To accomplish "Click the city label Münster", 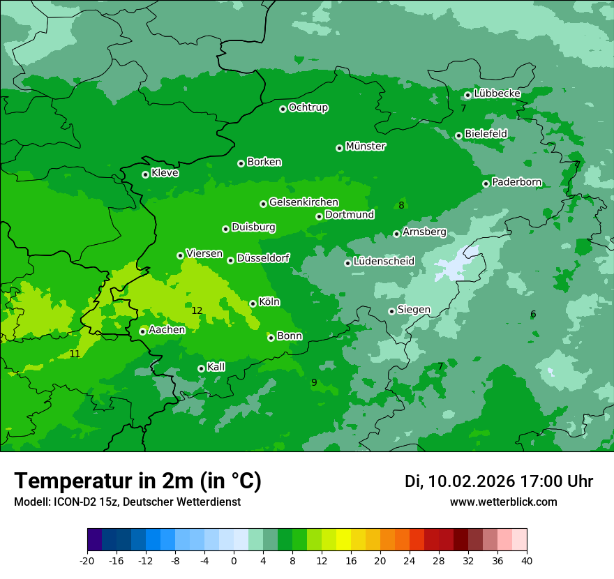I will coord(366,146).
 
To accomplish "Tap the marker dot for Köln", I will coord(253,303).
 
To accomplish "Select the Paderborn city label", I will coord(516,183).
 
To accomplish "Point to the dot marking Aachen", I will coord(142,331).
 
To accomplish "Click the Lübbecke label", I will coord(497,93).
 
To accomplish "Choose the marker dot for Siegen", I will coord(391,311).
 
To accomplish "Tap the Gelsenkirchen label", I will coord(304,202).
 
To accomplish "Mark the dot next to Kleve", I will coord(145,174).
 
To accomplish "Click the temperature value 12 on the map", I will coord(197,310).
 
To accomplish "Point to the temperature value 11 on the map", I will coord(75,354).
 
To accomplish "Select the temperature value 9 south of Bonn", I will coord(314,382).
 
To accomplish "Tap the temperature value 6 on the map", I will coord(533,315).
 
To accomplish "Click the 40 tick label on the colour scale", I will coord(527,561).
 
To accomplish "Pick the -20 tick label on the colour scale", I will coord(87,561).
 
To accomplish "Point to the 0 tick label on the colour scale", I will coord(234,561).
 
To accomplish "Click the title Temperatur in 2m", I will coord(137,481).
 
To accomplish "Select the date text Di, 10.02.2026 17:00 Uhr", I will coord(499,481).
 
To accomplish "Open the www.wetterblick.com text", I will coord(503,502).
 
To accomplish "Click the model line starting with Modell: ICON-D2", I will coord(127,502).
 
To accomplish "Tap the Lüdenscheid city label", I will coord(384,262).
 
